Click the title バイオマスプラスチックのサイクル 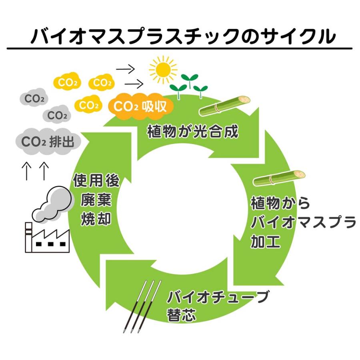click(x=180, y=36)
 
